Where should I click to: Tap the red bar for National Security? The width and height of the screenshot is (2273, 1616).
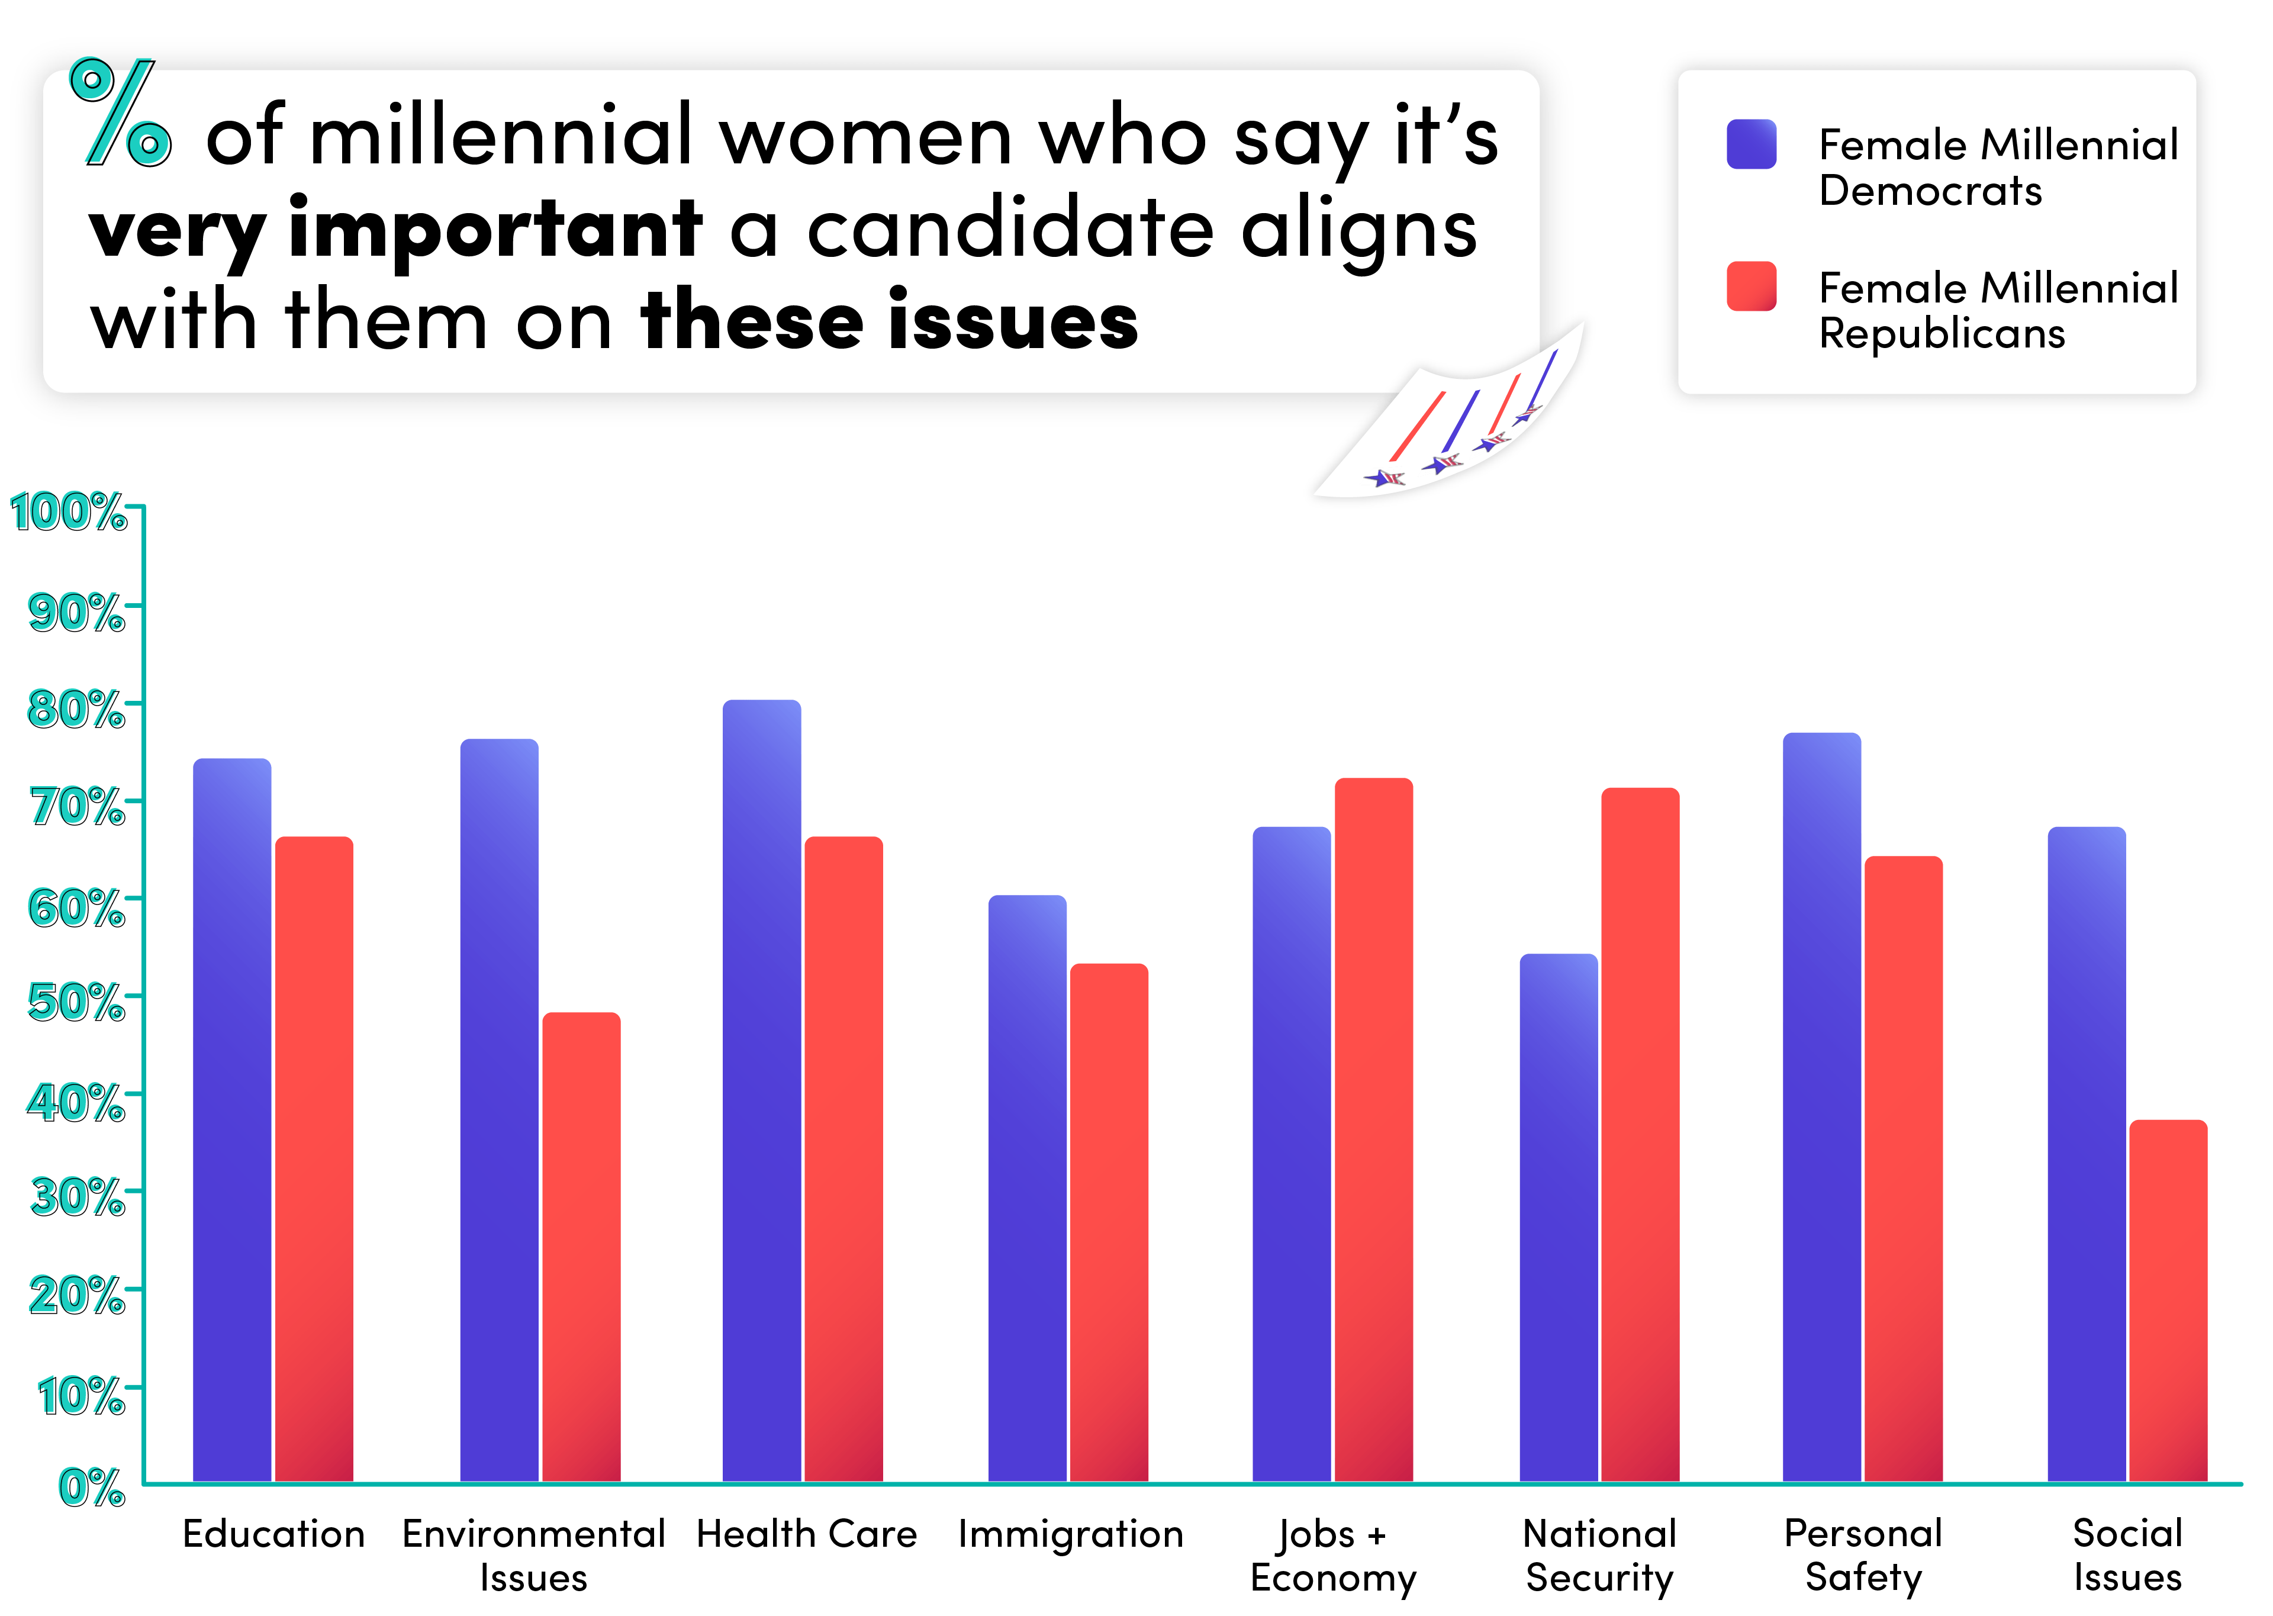coord(1640,1134)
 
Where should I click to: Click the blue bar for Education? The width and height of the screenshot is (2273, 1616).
coord(232,1119)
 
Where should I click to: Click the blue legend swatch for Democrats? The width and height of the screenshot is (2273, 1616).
coord(1751,144)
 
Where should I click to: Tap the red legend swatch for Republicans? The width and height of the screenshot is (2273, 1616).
coord(1751,286)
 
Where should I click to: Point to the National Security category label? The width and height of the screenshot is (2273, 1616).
coord(1599,1554)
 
